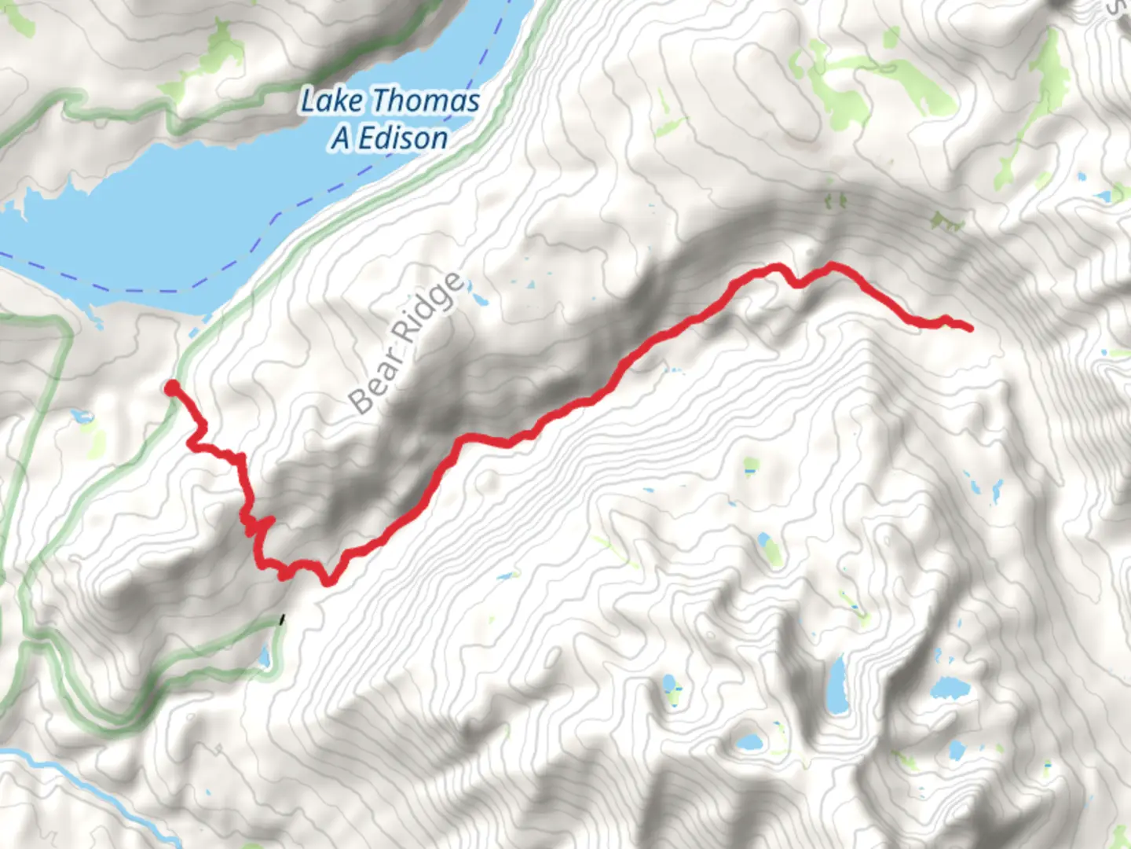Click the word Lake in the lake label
point(331,101)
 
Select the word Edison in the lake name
point(404,138)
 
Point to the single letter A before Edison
point(341,138)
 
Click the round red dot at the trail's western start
point(171,387)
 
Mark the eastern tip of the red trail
point(970,328)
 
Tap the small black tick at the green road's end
point(282,620)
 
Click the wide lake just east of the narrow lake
point(949,689)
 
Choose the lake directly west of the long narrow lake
point(672,685)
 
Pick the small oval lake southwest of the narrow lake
point(750,741)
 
